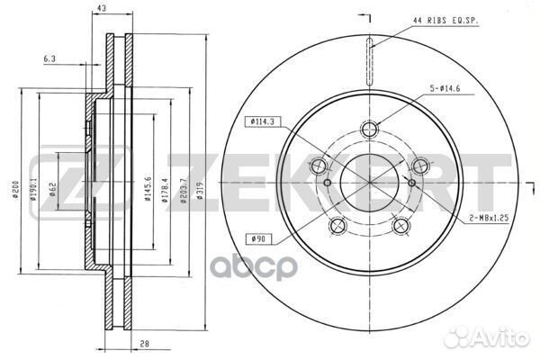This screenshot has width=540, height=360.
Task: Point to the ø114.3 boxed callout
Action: click(261, 122)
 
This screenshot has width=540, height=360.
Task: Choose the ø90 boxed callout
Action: click(256, 238)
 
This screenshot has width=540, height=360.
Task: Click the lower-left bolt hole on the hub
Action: click(337, 225)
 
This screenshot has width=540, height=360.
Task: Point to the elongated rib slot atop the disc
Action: click(369, 60)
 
